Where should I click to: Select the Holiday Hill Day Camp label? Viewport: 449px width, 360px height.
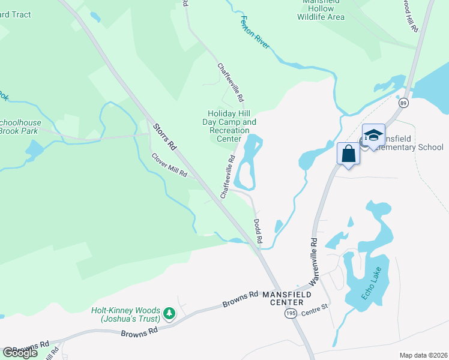click(x=232, y=126)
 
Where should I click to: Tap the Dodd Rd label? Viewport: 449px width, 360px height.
click(x=258, y=230)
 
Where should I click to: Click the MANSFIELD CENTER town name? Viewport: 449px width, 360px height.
click(x=291, y=299)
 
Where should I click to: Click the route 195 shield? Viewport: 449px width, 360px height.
click(x=291, y=314)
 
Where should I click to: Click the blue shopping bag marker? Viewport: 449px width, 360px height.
click(x=349, y=154)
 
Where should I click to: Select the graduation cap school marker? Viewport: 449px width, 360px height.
click(x=373, y=135)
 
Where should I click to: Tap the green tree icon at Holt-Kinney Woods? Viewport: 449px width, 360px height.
click(x=170, y=313)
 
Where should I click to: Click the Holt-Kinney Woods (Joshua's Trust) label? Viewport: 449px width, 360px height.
click(x=125, y=315)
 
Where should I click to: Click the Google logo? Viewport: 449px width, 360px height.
click(x=20, y=352)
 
